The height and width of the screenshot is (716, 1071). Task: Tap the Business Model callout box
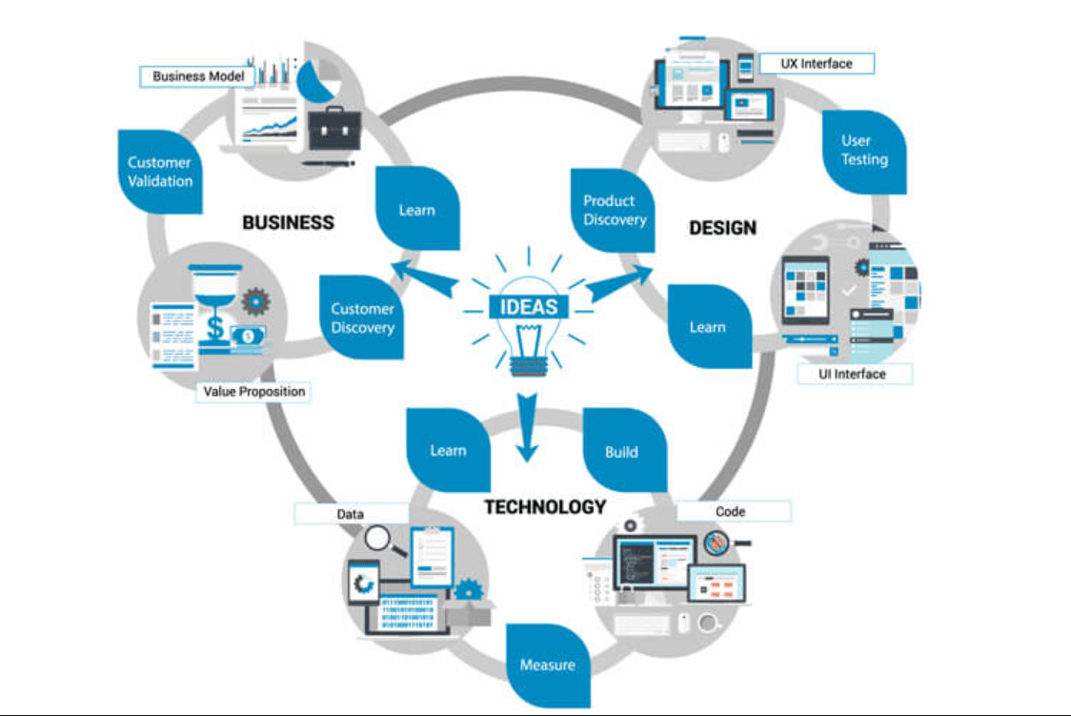(x=198, y=76)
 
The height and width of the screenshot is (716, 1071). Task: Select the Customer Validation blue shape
(x=160, y=173)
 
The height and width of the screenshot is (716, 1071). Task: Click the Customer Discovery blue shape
(x=361, y=318)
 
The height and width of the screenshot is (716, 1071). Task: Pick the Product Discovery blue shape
(x=614, y=211)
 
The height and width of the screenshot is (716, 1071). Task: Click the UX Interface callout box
(x=816, y=64)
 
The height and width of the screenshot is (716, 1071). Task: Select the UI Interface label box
(x=853, y=374)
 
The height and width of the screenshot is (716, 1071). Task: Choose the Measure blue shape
(x=547, y=665)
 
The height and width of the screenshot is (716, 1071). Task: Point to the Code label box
(x=731, y=512)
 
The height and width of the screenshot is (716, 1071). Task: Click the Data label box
(x=351, y=514)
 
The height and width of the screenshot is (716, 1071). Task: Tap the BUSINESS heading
(x=288, y=223)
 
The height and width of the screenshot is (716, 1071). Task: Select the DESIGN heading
(x=722, y=228)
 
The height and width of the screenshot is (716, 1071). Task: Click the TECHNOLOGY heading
(x=544, y=507)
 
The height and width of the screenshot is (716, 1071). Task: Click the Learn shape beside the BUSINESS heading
(x=417, y=210)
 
